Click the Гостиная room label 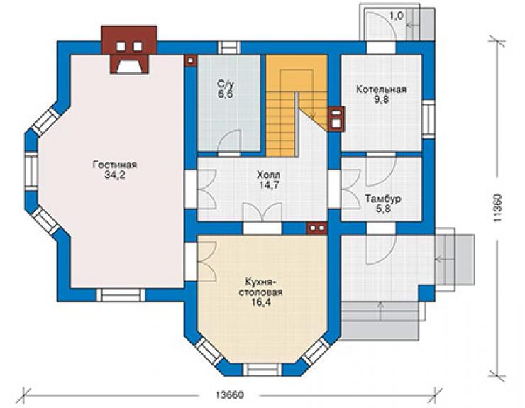tap(115, 165)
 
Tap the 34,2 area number tap(115, 175)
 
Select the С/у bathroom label tap(225, 84)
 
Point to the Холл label tap(268, 175)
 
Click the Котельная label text tap(381, 89)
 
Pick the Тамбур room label tap(383, 199)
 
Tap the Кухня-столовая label tap(260, 287)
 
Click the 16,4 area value tap(260, 302)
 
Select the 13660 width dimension tap(230, 395)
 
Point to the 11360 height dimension tap(497, 208)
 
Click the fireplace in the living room tap(129, 50)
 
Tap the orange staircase tap(296, 104)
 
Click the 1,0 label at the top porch tap(397, 16)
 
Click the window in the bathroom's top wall tap(229, 48)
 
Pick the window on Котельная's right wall tap(429, 119)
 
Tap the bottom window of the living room tap(121, 295)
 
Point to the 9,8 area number tap(381, 100)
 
